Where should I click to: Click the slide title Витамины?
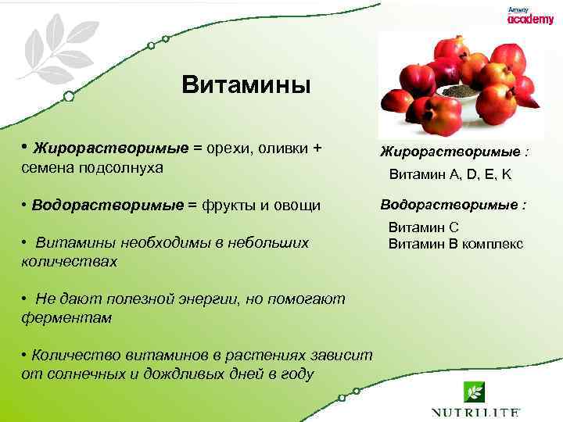[x=246, y=84]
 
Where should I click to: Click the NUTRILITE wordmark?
[x=475, y=411]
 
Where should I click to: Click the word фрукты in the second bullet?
[x=229, y=206]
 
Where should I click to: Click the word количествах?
[x=70, y=262]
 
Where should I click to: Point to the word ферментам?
[x=67, y=318]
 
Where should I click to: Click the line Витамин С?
[x=423, y=228]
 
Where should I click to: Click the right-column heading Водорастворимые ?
[x=454, y=205]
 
